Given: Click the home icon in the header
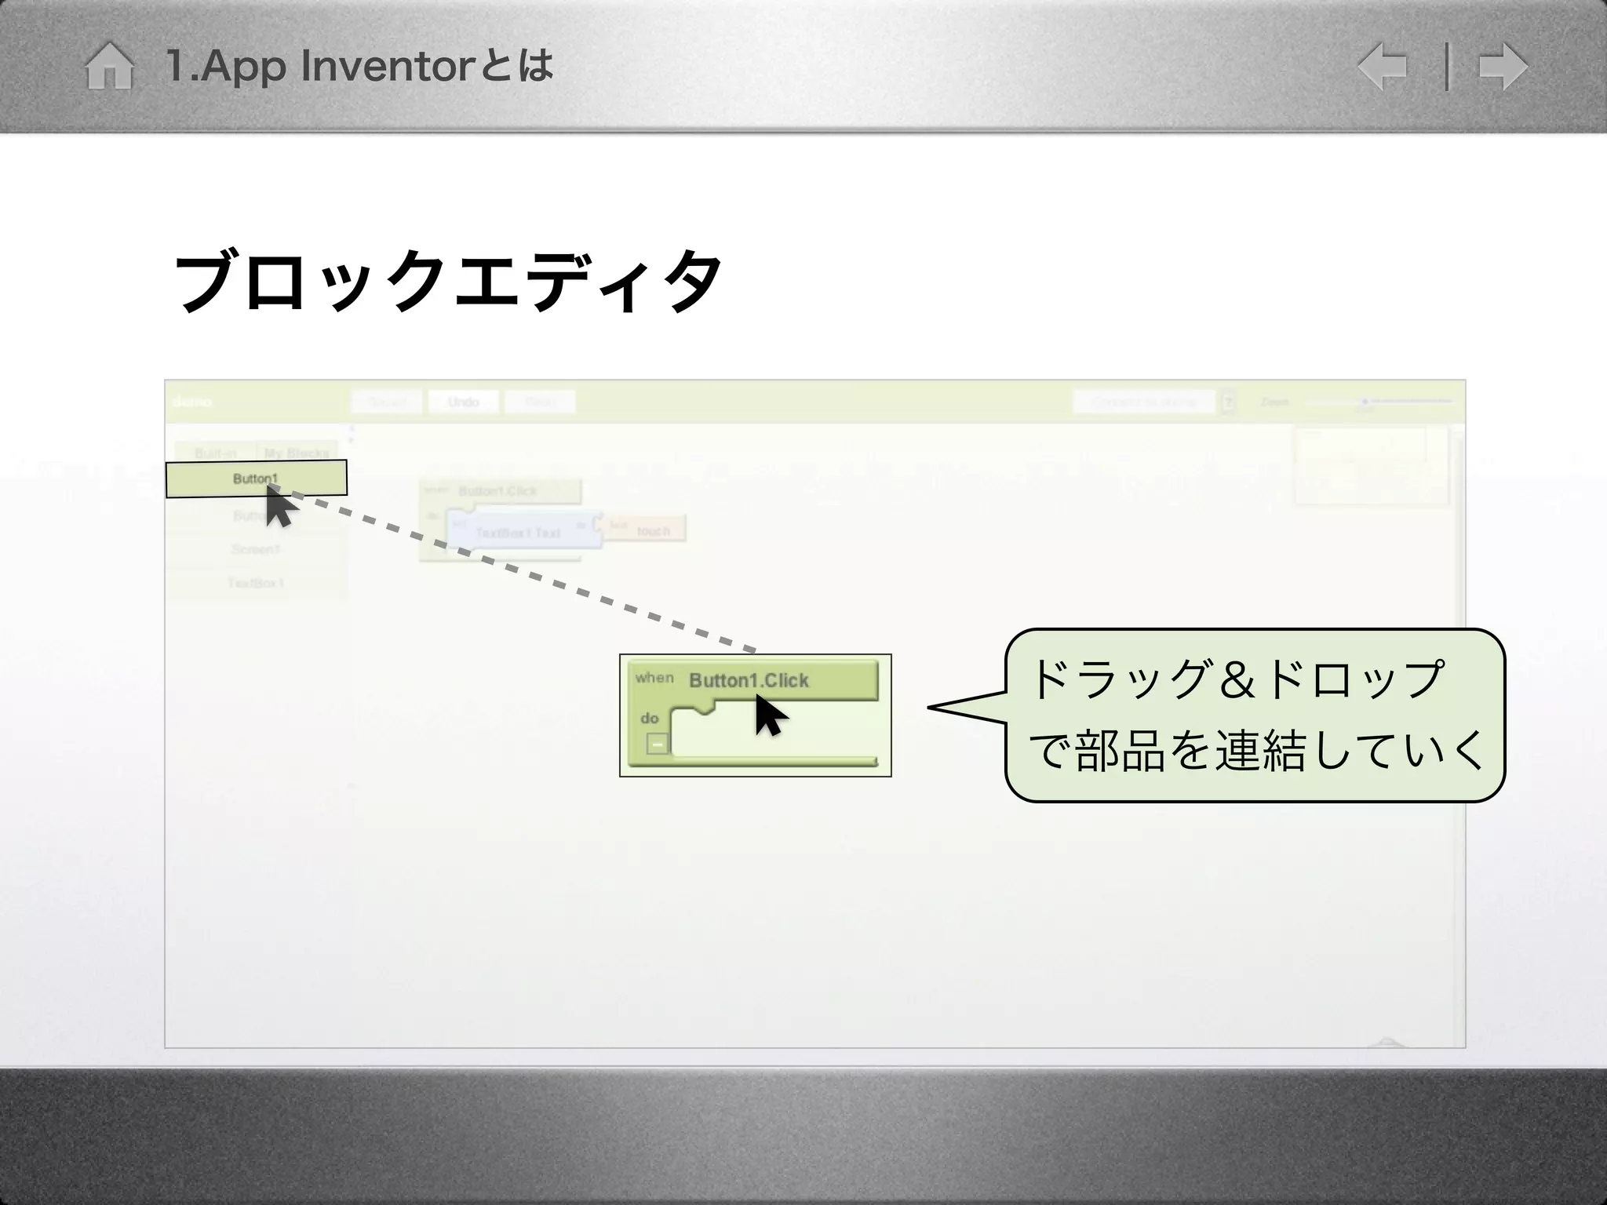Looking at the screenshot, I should point(109,66).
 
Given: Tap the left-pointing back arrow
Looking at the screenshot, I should point(1382,67).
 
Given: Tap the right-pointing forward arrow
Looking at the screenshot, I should point(1503,67).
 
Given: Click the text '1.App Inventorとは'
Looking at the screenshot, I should point(359,66).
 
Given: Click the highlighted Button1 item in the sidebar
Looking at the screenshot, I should point(256,479).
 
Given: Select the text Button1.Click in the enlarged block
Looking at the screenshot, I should point(749,680).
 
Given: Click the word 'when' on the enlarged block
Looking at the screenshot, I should point(654,677).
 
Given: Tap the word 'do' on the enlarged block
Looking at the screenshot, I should point(649,718).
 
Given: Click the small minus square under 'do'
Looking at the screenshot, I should point(658,744).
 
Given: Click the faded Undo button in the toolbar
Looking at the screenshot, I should point(463,402).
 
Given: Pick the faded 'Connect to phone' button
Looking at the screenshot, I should point(1144,402).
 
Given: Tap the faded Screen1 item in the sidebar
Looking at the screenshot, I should point(256,549).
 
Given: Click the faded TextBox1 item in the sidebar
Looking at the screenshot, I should point(256,583).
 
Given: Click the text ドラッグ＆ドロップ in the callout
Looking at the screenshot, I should point(1235,679).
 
